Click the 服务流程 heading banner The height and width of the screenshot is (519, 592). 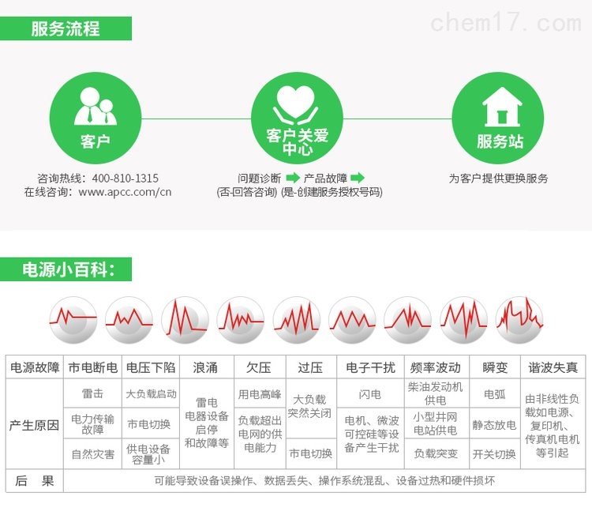coord(66,28)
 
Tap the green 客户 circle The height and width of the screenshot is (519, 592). coord(96,118)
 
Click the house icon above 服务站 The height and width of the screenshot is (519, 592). coord(502,107)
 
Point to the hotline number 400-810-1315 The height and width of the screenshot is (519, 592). coord(126,179)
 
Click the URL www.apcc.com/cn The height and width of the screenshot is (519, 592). coord(125,192)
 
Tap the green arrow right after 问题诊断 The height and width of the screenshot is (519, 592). coord(293,178)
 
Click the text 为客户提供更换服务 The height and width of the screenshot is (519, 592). coord(498,179)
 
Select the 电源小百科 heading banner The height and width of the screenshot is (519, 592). coord(66,269)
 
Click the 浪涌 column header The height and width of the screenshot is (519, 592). coord(207,367)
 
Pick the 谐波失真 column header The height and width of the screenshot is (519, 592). coord(553,367)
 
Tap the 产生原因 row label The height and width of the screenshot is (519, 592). coord(35,425)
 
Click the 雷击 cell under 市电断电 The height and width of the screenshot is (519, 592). coord(92,393)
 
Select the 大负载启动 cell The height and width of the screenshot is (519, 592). coord(151,393)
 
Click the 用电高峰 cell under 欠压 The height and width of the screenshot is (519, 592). coord(260,394)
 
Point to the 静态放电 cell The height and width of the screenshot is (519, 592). coord(494,425)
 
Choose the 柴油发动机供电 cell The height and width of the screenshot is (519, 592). coord(435,393)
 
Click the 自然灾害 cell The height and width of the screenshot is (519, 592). coord(92,454)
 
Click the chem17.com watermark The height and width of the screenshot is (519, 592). coord(506,22)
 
